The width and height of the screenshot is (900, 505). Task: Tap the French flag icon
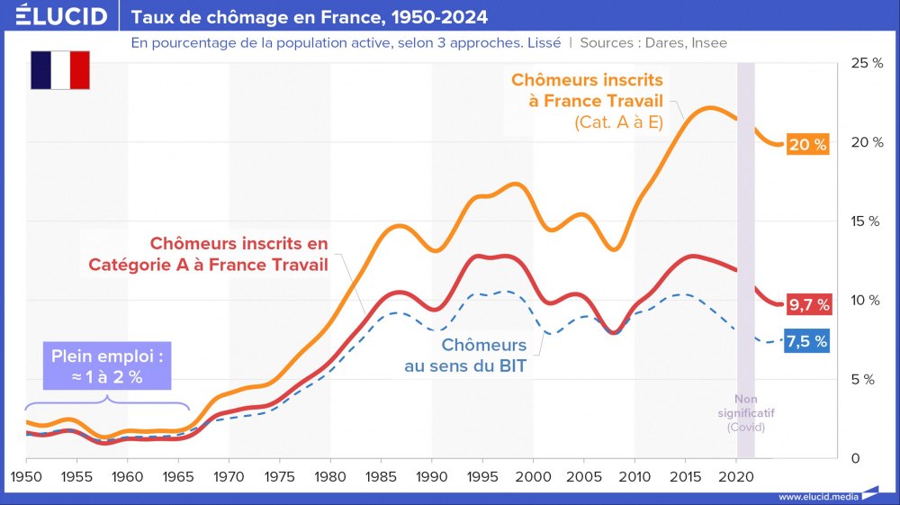(60, 70)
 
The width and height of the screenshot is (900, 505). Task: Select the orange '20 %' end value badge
(807, 145)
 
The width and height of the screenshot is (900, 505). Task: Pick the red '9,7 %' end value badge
(807, 304)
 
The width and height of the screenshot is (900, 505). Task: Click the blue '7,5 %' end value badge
(806, 341)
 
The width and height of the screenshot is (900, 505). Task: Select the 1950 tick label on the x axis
(26, 475)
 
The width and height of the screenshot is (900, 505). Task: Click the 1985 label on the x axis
(381, 475)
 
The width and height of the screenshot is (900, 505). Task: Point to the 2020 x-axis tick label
(736, 475)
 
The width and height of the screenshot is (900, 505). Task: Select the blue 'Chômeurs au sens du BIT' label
(484, 356)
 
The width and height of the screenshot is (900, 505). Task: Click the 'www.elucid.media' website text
(817, 496)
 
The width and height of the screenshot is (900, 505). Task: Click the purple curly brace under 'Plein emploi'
(106, 401)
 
